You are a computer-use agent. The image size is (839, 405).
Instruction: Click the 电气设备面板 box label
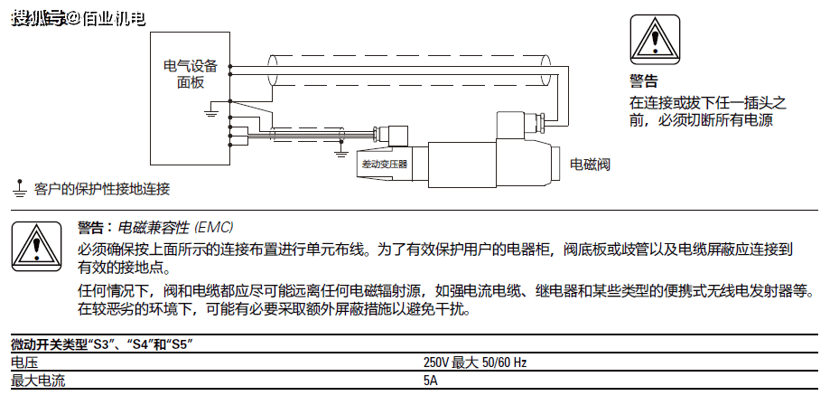click(x=190, y=74)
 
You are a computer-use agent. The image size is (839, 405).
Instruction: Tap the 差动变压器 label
click(x=384, y=164)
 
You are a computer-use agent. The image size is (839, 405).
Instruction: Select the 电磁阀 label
click(x=590, y=164)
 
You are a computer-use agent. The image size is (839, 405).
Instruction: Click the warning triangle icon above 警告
click(x=655, y=40)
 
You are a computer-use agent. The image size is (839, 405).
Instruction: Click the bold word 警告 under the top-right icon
click(x=643, y=81)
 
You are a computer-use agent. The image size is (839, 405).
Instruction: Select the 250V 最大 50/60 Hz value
click(x=475, y=363)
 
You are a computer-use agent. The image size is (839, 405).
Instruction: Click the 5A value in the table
click(x=430, y=381)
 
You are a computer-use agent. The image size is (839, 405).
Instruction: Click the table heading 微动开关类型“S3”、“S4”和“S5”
click(x=102, y=344)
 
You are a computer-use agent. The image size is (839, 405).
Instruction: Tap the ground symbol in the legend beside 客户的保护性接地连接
click(x=20, y=189)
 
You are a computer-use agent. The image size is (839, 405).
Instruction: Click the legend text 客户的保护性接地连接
click(x=102, y=189)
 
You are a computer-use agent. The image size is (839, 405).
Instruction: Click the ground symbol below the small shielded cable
click(x=340, y=152)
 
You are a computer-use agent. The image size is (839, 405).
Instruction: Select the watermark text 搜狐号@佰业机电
click(x=79, y=19)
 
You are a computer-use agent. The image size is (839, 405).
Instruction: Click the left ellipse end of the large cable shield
click(x=273, y=71)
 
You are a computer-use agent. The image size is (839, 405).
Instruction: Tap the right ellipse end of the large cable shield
click(x=545, y=71)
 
